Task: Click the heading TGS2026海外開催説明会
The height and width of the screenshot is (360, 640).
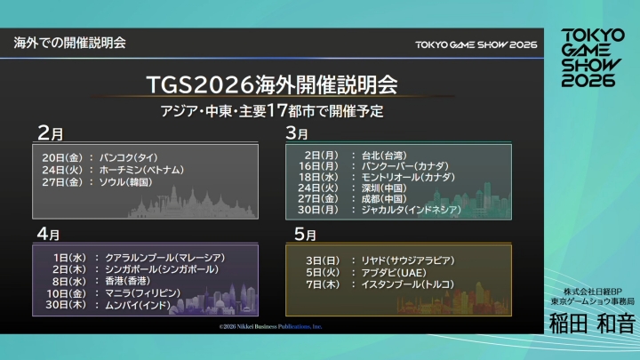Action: point(270,85)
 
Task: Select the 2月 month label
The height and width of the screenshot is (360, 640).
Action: point(50,133)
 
